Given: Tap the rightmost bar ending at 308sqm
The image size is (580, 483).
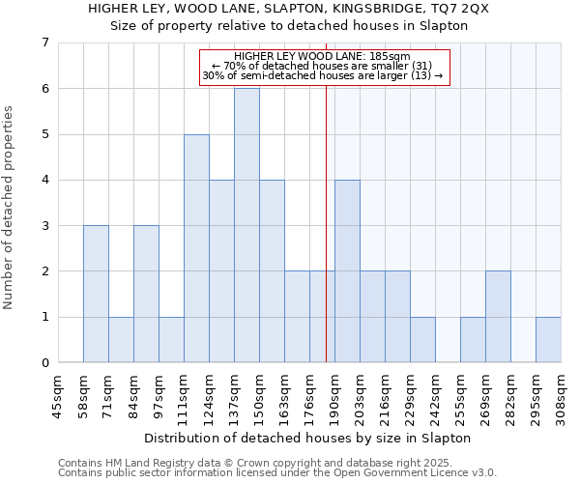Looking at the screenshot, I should pyautogui.click(x=548, y=339).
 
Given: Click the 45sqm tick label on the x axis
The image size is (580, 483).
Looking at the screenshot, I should pyautogui.click(x=58, y=395).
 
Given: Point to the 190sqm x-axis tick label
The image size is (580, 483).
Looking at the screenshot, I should pyautogui.click(x=334, y=395).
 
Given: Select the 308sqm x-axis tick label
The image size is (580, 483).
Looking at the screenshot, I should pyautogui.click(x=561, y=395).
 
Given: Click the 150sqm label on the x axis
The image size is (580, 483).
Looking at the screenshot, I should pyautogui.click(x=259, y=395).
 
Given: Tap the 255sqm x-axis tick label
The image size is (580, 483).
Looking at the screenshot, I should pyautogui.click(x=460, y=395).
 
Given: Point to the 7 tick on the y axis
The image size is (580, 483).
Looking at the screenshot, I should pyautogui.click(x=44, y=43).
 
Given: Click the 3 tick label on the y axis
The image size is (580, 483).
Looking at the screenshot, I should pyautogui.click(x=44, y=226).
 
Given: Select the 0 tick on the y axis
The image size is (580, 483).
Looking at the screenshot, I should pyautogui.click(x=44, y=363).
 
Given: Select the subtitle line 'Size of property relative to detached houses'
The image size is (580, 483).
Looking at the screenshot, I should pyautogui.click(x=290, y=26).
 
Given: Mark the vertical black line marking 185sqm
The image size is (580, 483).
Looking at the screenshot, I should pyautogui.click(x=326, y=222).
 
